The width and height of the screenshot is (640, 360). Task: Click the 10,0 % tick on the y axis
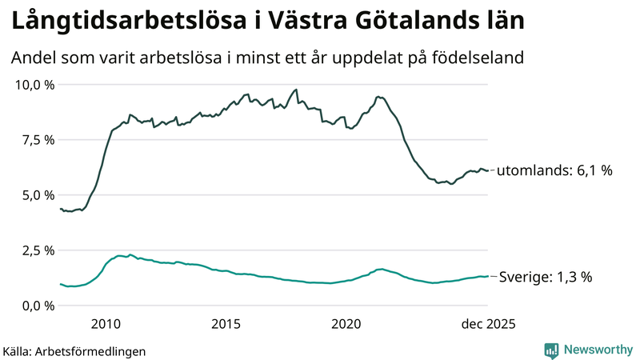pos(33,85)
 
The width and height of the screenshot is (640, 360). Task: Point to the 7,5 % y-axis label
pos(36,140)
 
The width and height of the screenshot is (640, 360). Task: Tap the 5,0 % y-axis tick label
pos(36,195)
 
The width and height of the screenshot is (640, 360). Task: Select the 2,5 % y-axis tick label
pos(36,250)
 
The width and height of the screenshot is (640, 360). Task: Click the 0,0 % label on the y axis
pos(36,306)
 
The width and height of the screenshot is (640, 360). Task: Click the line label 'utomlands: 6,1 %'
pos(555,171)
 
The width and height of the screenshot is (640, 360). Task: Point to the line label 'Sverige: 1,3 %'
pos(545,277)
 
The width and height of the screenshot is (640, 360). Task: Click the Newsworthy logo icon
pos(551,350)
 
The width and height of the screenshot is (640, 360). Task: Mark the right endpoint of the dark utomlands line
pos(488,170)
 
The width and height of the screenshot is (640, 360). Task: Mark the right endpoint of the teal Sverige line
pos(488,276)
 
